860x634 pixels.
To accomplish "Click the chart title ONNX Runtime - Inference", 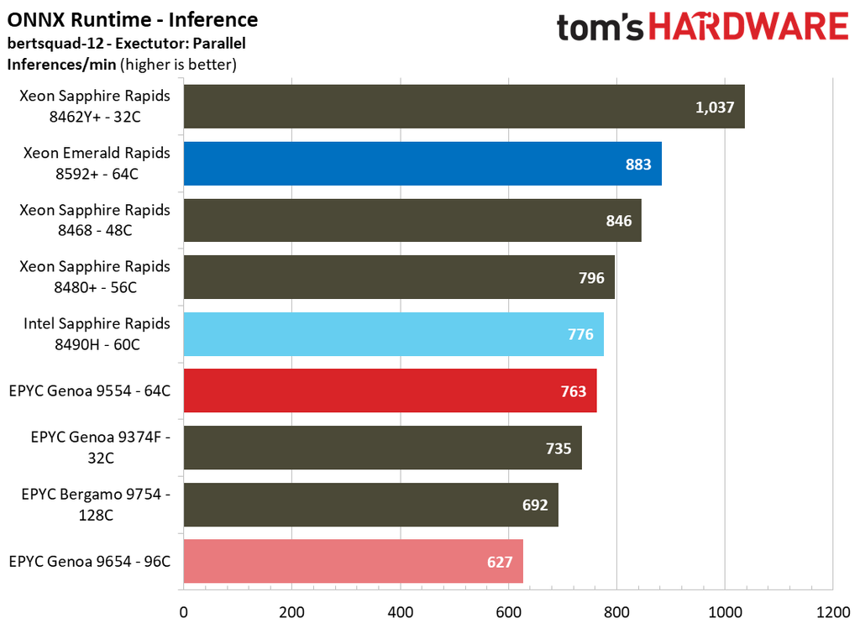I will point(133,19).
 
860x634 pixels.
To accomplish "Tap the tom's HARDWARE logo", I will point(702,27).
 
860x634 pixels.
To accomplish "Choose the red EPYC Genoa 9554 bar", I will point(390,391).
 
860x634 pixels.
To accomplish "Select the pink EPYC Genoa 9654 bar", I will point(353,562).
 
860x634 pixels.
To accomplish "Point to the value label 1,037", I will point(715,107).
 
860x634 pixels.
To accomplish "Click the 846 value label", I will point(618,221).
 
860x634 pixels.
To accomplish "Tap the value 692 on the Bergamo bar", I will point(534,505).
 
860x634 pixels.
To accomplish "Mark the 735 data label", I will point(558,448).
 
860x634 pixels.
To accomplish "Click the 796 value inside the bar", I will point(591,278).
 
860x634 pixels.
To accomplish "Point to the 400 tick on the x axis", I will point(400,611).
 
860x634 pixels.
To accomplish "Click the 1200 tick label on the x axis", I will point(832,611).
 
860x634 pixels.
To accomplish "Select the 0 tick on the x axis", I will point(183,611).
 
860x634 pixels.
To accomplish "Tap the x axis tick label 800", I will point(616,611).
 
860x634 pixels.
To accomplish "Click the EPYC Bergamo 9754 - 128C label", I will point(96,504).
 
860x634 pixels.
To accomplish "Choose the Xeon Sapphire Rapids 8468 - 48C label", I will point(95,220).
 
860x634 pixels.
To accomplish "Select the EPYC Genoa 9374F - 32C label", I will point(100,448).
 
